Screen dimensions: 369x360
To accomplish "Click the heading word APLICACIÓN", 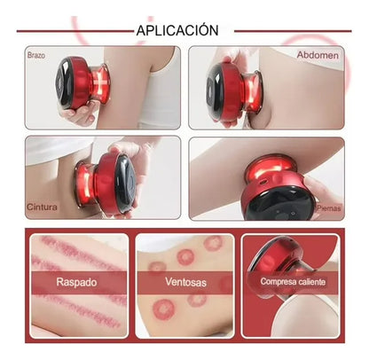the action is click(177, 30).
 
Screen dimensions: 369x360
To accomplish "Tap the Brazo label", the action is click(36, 55).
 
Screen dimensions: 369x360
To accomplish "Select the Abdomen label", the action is click(318, 55).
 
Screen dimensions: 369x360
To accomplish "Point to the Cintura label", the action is click(42, 207).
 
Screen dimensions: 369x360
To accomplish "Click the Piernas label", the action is click(329, 208).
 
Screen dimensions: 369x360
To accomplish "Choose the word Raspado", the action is click(76, 282).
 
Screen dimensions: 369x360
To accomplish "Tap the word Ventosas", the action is click(185, 282).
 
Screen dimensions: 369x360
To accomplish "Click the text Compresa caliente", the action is click(293, 281).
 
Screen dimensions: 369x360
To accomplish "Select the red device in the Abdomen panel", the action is click(233, 90).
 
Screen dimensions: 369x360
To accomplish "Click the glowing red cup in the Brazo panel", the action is click(100, 82).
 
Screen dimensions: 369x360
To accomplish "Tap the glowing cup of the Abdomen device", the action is click(252, 91).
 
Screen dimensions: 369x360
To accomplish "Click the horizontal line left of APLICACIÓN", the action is click(75, 31).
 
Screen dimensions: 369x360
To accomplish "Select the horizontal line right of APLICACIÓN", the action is click(293, 31).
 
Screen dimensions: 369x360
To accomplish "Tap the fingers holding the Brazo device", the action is click(77, 112).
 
